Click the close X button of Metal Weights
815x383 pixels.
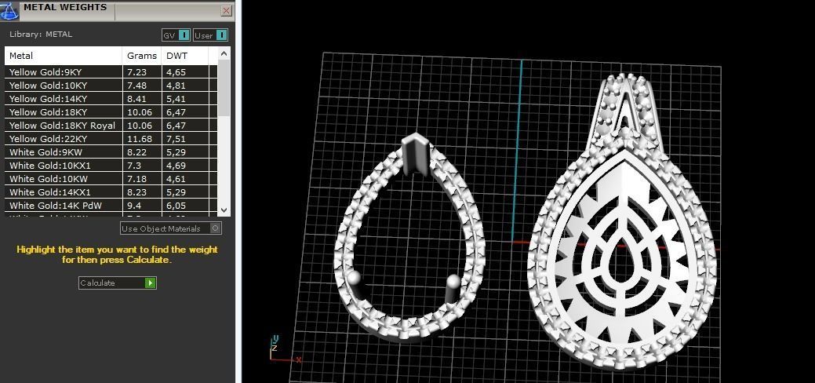227,11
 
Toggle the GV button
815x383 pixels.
176,35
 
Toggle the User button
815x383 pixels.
210,35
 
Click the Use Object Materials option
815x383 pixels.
170,228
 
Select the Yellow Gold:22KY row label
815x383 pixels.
48,139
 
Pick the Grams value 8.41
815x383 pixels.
136,99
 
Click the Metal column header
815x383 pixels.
21,56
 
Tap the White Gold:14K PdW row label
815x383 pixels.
48,206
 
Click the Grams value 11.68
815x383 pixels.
139,139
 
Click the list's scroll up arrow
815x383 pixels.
224,54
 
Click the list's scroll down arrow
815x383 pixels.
224,210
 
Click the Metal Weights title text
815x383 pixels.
64,8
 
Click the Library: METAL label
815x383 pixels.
41,35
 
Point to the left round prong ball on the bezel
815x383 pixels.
355,279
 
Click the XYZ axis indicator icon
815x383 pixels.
277,348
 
